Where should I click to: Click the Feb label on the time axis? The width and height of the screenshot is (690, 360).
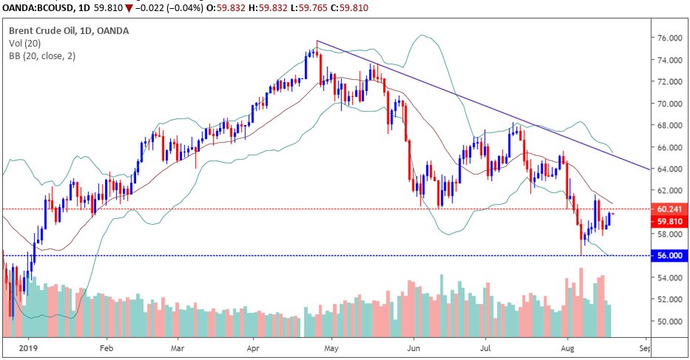click(x=106, y=346)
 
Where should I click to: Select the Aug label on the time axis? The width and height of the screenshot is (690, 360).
click(x=568, y=346)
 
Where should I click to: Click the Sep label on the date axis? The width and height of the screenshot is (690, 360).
click(x=644, y=346)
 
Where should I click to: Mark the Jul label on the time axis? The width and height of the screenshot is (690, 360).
click(x=487, y=346)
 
